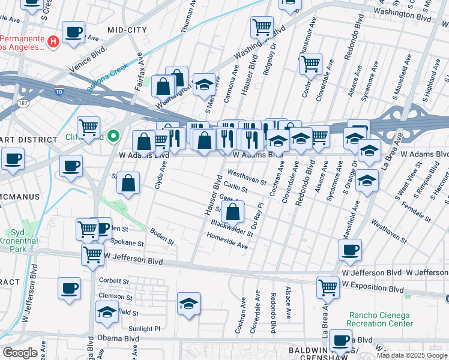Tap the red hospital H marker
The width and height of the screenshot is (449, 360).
(53, 41)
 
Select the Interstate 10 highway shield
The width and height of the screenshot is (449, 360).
(59, 91)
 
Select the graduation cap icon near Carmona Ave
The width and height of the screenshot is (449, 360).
(204, 84)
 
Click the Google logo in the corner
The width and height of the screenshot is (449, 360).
(20, 353)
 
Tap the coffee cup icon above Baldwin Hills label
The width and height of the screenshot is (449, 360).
(340, 340)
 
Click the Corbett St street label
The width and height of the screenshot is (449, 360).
(113, 281)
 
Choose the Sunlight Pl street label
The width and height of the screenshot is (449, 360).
(145, 329)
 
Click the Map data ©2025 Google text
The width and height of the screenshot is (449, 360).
(412, 355)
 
